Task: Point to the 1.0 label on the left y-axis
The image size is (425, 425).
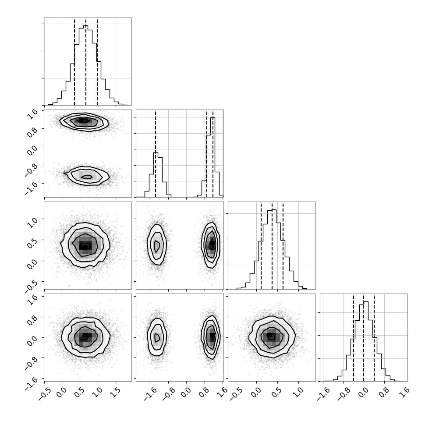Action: (x=32, y=223)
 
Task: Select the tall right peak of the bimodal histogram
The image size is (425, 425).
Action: (x=213, y=157)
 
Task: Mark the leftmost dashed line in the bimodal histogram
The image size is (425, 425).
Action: (x=155, y=154)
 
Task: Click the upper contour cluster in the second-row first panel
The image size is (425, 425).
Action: (x=84, y=122)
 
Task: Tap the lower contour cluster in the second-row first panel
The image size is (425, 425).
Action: (x=87, y=176)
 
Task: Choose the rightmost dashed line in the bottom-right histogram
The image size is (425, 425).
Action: (x=374, y=337)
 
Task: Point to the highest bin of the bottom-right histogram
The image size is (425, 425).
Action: (x=366, y=341)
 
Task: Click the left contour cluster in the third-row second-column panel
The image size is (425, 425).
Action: (x=157, y=244)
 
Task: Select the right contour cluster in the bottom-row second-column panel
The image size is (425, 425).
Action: (x=211, y=337)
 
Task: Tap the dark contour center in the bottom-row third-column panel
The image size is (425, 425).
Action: (x=270, y=336)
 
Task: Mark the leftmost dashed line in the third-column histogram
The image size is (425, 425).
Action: (x=261, y=246)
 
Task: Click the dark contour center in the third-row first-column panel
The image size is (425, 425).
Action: (x=85, y=246)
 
